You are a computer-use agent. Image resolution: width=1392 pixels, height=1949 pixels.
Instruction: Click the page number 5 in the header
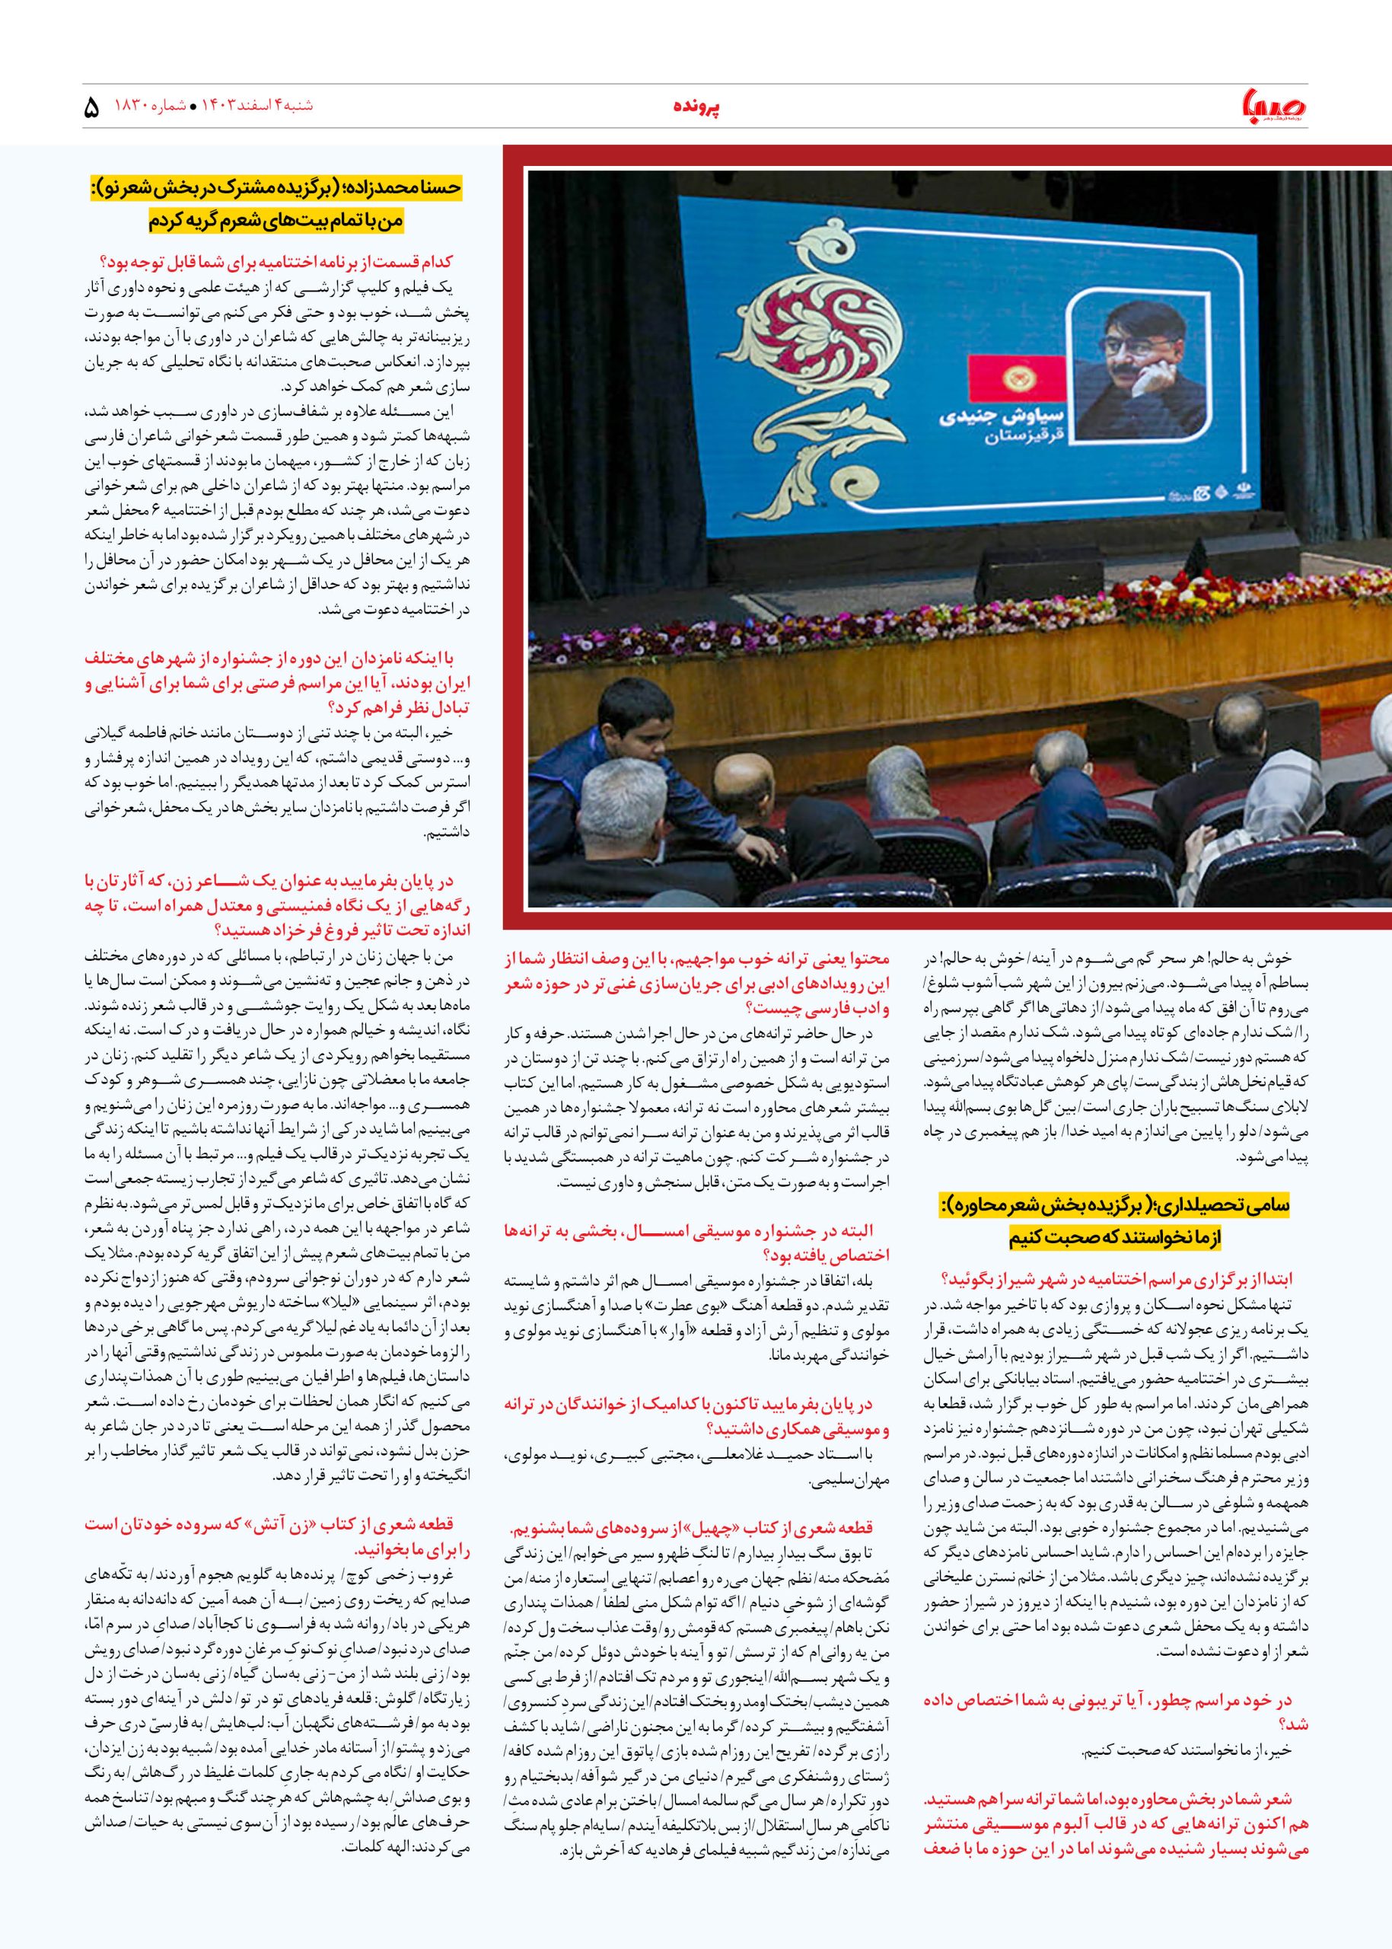[x=93, y=108]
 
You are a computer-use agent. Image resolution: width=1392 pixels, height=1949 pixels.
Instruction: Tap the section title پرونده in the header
[x=695, y=108]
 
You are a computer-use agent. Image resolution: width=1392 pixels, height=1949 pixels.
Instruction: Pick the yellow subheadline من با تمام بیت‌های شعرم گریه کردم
[x=274, y=220]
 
